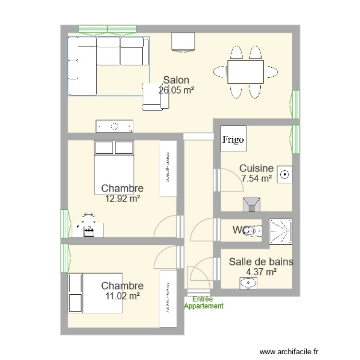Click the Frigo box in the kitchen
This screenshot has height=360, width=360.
point(233,140)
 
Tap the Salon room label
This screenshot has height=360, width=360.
point(176,80)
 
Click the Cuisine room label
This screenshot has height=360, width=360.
point(256,168)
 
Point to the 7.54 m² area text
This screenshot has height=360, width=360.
point(256,179)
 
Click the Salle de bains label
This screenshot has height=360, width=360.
point(261,262)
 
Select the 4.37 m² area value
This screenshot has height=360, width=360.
point(261,272)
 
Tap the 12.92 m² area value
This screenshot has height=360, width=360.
point(122,197)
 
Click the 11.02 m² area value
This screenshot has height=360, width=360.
point(122,296)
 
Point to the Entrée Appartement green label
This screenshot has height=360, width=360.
point(204,303)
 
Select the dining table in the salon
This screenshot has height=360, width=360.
point(245,72)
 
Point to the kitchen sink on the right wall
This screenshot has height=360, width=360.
point(285,175)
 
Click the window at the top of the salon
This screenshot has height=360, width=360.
point(107,30)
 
